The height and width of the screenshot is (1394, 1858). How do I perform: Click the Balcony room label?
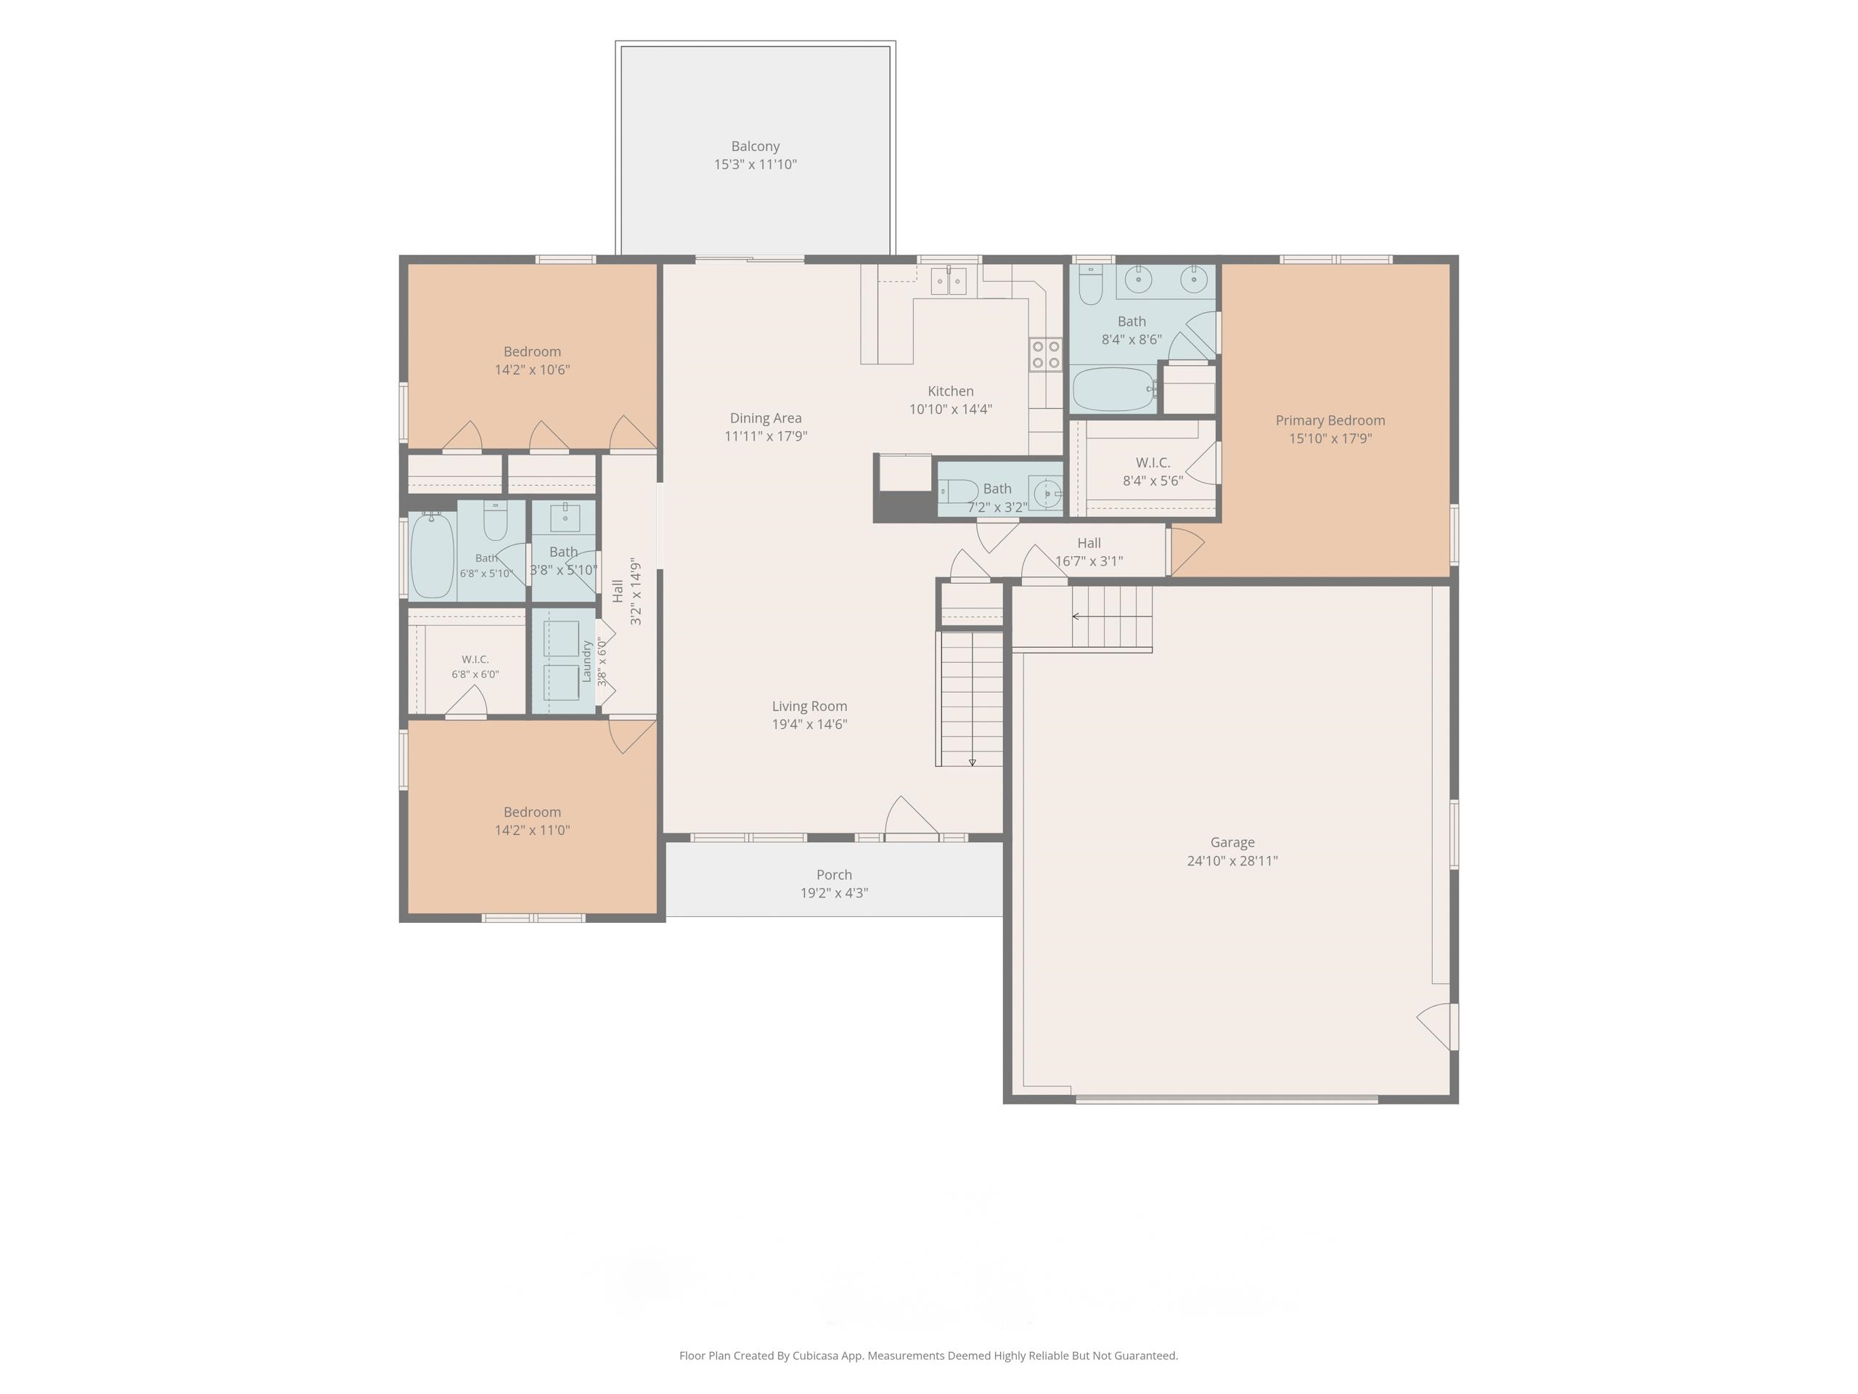(755, 146)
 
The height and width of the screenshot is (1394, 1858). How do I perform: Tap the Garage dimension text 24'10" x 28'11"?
(1232, 860)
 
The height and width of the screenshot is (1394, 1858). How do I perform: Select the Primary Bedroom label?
(1330, 420)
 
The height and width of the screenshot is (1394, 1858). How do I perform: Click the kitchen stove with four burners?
(1046, 354)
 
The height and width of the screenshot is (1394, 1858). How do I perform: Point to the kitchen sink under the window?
(949, 281)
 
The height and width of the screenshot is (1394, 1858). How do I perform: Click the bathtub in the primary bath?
(1115, 389)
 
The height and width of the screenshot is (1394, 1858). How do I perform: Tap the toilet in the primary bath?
(1090, 285)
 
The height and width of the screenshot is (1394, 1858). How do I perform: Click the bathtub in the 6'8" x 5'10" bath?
(433, 555)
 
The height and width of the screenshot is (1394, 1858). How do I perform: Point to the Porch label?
(834, 875)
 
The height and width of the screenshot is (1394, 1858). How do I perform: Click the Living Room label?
(810, 706)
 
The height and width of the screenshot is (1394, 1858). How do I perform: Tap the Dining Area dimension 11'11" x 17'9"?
(766, 436)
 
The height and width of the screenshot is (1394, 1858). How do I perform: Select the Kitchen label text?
(951, 391)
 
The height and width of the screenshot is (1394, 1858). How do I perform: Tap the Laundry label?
(587, 661)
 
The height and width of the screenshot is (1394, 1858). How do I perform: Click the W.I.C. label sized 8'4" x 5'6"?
(1153, 462)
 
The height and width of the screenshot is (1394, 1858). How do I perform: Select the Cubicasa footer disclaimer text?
(928, 1356)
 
